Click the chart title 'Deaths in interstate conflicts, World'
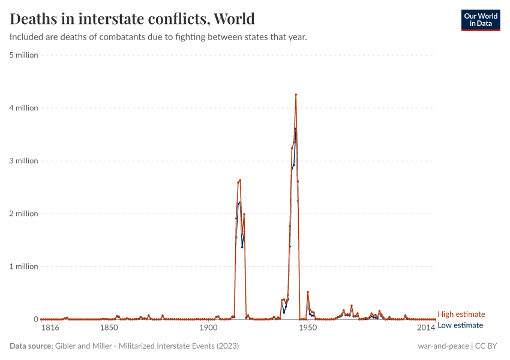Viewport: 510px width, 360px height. pos(132,19)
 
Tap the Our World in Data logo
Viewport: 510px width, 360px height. pos(481,20)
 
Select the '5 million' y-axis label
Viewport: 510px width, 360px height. pos(23,55)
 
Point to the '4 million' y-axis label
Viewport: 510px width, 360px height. pos(23,108)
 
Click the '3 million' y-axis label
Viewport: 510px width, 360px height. pos(23,161)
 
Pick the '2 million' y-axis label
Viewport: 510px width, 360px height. pos(23,214)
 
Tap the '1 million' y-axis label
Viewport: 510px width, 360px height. pos(23,266)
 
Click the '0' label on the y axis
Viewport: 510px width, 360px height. pos(35,319)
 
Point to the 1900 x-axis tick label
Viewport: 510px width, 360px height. pos(208,328)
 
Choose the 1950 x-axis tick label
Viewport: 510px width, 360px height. pos(308,328)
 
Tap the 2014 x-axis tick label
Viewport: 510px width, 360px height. pos(426,328)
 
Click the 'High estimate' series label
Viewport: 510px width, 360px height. pos(461,314)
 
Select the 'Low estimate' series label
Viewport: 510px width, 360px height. pos(460,325)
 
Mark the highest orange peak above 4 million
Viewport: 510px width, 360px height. pos(296,95)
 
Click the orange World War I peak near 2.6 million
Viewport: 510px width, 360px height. pos(240,180)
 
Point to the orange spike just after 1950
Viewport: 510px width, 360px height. pos(308,292)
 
